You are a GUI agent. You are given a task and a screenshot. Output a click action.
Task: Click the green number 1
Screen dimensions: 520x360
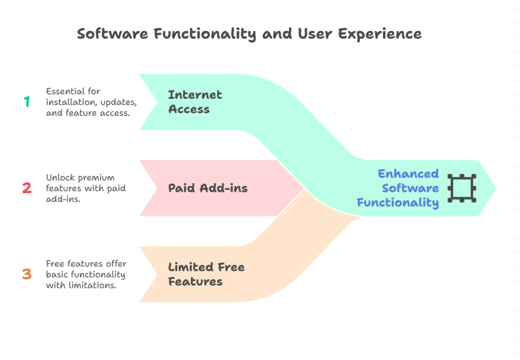click(x=27, y=102)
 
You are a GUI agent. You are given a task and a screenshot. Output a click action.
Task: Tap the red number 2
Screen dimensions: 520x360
click(x=27, y=188)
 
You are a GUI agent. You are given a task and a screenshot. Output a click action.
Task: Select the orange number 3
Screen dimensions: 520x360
click(x=27, y=274)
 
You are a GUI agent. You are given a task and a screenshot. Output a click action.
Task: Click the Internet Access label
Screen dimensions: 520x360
click(x=195, y=102)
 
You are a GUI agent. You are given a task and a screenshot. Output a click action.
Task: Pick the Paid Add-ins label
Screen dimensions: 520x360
click(x=208, y=188)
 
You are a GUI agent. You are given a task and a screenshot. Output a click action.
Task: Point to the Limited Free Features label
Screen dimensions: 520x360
click(x=206, y=274)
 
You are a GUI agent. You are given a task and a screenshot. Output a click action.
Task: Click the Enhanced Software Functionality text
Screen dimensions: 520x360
click(x=398, y=188)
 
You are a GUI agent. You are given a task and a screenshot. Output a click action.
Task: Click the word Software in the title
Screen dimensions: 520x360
click(x=113, y=34)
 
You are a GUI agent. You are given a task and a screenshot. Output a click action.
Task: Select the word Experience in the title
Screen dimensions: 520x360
click(x=380, y=34)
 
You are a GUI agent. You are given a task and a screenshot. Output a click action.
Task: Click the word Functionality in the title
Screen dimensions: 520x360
click(x=205, y=34)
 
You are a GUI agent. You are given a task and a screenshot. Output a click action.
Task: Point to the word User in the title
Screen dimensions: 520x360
click(x=315, y=34)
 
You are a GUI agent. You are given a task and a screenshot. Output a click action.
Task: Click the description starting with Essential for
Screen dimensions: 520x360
click(x=91, y=102)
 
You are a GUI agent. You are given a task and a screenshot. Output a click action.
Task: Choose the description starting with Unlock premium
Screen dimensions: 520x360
click(x=85, y=188)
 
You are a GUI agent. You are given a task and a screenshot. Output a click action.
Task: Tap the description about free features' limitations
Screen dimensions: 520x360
click(x=86, y=274)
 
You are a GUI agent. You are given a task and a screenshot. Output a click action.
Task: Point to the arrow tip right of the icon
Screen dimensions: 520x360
click(x=496, y=188)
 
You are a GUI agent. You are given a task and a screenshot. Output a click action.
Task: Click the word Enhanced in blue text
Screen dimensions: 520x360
click(x=408, y=174)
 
